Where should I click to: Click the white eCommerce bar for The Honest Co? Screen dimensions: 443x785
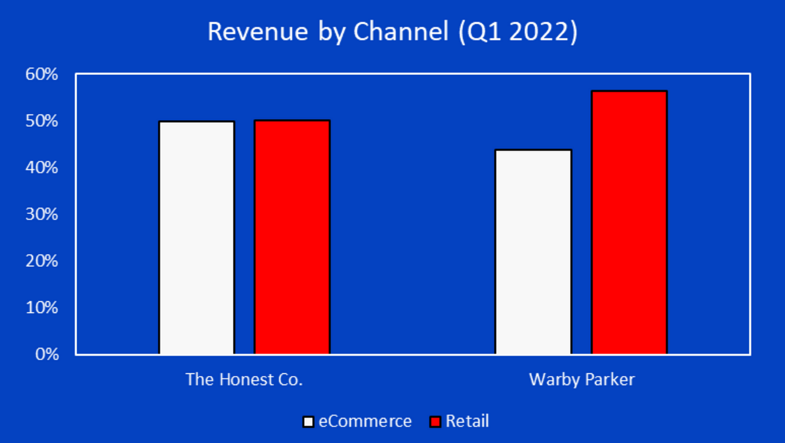coord(197,238)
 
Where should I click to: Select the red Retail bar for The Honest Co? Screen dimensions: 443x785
coord(292,237)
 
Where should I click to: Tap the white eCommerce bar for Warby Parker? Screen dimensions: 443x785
coord(533,252)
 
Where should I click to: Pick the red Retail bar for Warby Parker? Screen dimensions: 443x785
coord(629,223)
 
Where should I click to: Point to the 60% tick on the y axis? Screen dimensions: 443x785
coord(42,74)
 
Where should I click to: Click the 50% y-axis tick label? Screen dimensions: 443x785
coord(42,121)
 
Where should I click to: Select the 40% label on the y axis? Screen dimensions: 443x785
coord(42,168)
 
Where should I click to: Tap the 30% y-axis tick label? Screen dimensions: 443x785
coord(42,214)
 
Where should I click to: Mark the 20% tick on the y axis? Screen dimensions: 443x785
coord(42,261)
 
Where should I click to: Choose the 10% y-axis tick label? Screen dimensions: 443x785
coord(42,308)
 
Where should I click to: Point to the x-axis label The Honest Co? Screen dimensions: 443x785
coord(244,379)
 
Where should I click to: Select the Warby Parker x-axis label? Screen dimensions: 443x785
coord(581,379)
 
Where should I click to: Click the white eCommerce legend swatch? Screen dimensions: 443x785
coord(308,421)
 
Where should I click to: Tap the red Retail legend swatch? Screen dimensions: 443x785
coord(436,421)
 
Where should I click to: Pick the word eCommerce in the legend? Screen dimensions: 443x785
coord(365,421)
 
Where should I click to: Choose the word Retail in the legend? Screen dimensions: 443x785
coord(467,421)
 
